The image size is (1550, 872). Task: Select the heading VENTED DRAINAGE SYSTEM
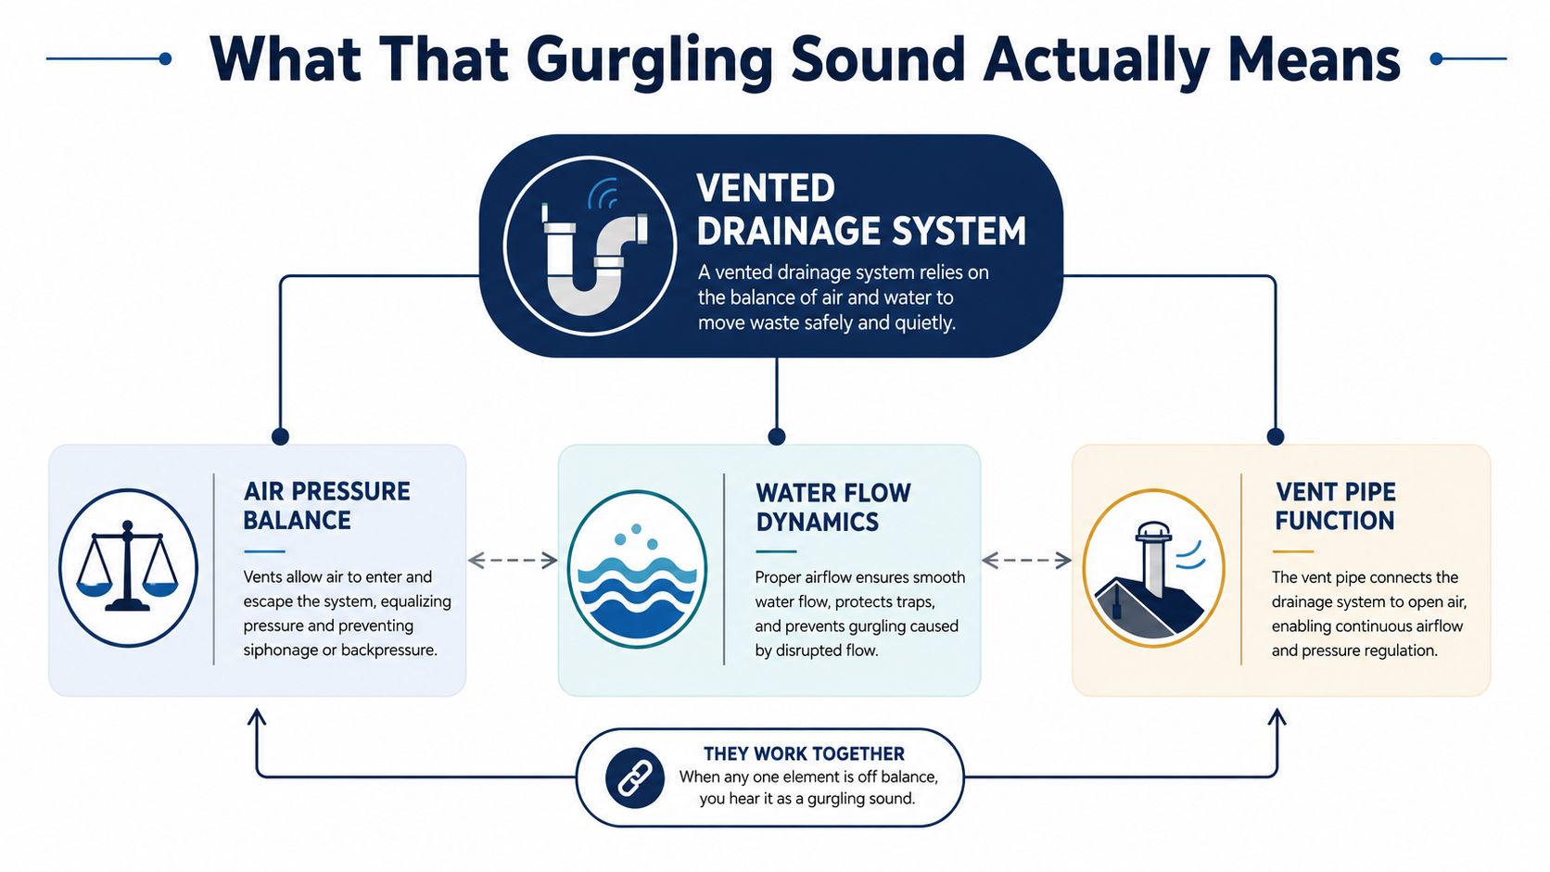861,209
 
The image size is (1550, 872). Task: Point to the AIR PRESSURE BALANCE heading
326,505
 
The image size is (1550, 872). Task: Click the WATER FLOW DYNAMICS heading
833,507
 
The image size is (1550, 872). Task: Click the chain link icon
634,778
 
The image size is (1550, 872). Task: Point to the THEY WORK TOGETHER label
804,753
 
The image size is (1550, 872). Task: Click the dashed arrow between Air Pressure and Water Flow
513,560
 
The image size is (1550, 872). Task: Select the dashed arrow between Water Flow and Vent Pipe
1026,560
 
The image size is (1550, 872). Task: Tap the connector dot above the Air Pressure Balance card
280,436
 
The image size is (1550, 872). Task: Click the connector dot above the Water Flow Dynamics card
776,436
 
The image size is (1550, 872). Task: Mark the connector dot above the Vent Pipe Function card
1276,436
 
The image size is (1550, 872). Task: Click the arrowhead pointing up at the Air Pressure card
257,715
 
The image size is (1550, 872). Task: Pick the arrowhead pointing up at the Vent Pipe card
1277,715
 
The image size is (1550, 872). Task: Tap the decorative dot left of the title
165,58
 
